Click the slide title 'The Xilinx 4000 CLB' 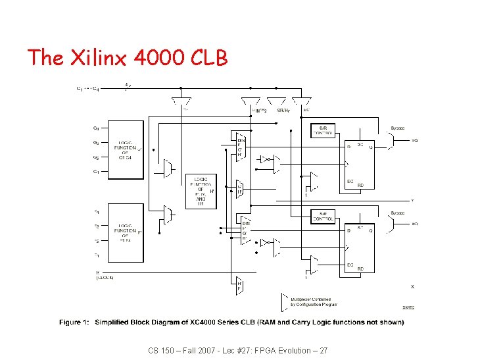click(x=128, y=58)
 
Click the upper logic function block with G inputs click(x=126, y=150)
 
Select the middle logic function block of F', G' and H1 click(x=201, y=192)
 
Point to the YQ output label click(x=414, y=140)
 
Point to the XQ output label click(x=414, y=224)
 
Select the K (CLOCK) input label click(x=105, y=274)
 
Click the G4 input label click(x=96, y=128)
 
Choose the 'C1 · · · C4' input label click(x=88, y=88)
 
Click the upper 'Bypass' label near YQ click(x=398, y=128)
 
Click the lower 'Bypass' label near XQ click(x=398, y=213)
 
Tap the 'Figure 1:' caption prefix click(x=74, y=322)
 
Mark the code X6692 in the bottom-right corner click(x=408, y=307)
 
